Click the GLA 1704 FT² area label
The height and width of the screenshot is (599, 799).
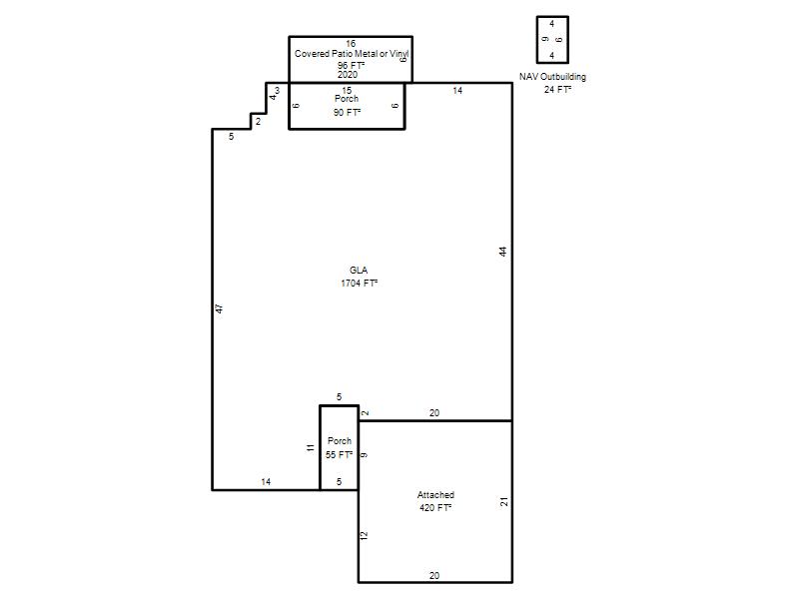[x=360, y=277]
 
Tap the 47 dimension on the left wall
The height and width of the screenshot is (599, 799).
[x=219, y=308]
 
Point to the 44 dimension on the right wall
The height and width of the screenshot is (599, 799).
[x=503, y=252]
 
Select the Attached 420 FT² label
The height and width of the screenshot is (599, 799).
[x=435, y=501]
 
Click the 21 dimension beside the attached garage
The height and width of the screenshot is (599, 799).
[x=504, y=502]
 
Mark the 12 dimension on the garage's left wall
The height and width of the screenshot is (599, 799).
[x=364, y=535]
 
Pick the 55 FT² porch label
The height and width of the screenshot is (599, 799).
[x=340, y=454]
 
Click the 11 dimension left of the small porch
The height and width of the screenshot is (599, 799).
[x=311, y=448]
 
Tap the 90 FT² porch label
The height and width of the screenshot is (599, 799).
[x=347, y=112]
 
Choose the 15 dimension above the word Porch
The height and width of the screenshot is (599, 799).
[x=347, y=91]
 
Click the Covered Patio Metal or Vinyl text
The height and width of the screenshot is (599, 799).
[x=352, y=54]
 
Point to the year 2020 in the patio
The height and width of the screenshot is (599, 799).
[x=348, y=74]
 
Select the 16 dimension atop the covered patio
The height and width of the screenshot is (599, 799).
[x=351, y=44]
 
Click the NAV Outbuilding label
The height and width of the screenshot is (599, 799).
[x=553, y=77]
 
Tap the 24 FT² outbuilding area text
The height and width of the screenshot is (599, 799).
[x=557, y=90]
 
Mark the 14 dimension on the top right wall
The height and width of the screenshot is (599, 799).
[x=457, y=91]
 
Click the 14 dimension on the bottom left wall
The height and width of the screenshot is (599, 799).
[x=266, y=482]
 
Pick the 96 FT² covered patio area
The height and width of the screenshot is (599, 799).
[x=352, y=66]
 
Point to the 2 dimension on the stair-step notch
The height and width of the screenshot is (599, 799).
[x=259, y=122]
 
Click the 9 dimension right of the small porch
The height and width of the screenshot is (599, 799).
[x=364, y=455]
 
